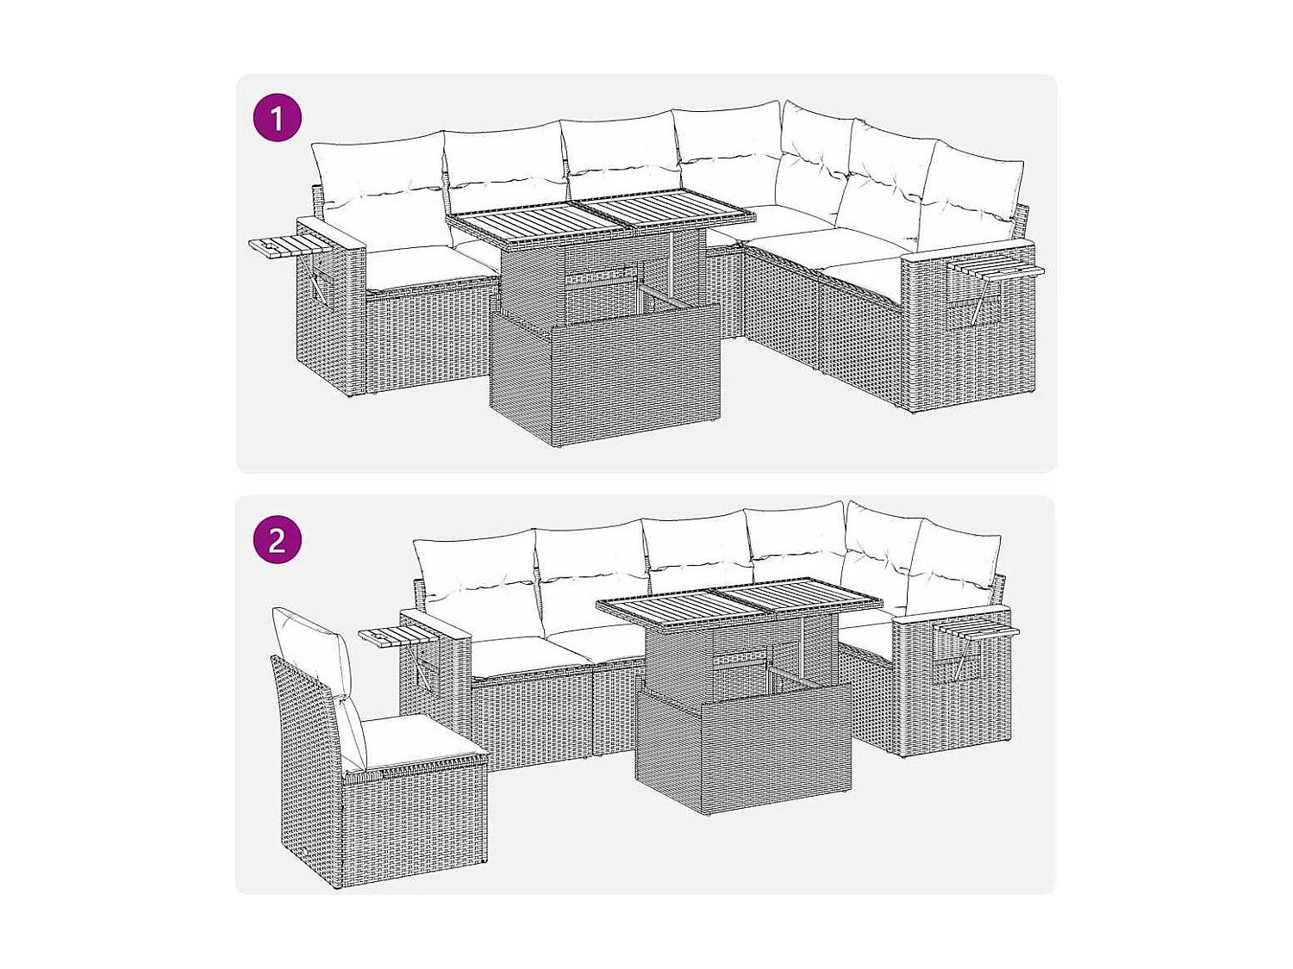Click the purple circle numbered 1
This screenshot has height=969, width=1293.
[277, 118]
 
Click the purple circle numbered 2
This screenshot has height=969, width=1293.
[277, 540]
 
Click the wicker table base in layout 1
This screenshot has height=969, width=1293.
[605, 370]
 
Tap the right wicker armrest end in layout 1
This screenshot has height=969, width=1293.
[970, 332]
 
